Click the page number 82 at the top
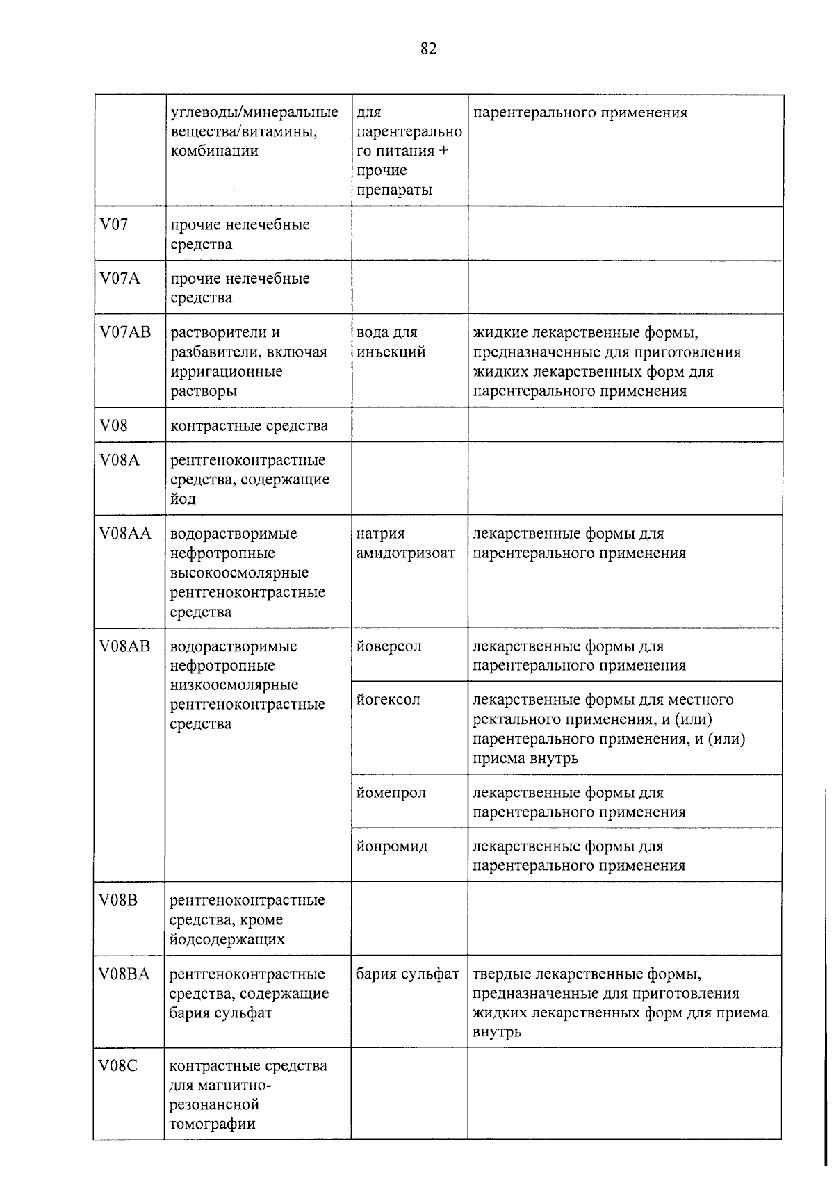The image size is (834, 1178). coord(428,49)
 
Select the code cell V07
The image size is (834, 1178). coord(114,224)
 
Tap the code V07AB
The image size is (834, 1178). coord(125,332)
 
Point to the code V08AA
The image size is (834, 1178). coord(125,533)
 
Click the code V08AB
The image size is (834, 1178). coord(125,646)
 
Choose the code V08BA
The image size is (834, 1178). coord(124,974)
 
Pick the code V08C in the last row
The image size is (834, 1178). coord(118,1065)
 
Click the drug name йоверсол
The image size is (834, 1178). coord(389,646)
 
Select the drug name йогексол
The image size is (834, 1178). coord(388,699)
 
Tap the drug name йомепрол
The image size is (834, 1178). coord(391,792)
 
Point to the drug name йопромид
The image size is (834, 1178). coord(392,846)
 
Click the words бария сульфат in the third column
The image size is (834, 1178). coord(407,974)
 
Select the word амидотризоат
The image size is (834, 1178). coord(405,553)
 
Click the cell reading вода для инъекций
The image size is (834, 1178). coord(391,342)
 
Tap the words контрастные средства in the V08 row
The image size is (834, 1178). coord(249,425)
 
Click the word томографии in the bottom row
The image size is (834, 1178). coord(212,1124)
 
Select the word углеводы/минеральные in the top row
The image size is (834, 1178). coord(254,112)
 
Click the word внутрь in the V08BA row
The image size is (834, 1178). coord(497,1032)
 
